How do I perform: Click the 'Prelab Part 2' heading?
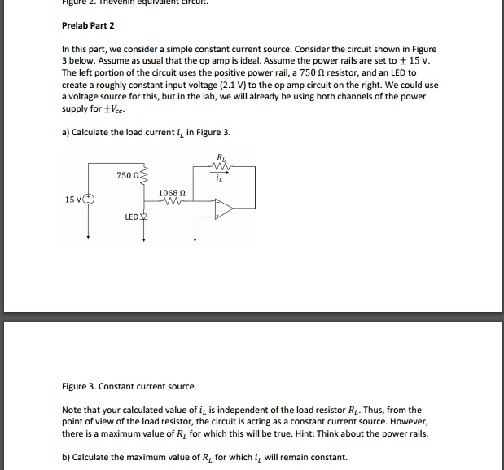pos(89,25)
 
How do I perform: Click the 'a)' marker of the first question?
pos(66,133)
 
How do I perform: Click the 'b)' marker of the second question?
pos(66,457)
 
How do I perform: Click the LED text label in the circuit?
pos(131,217)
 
